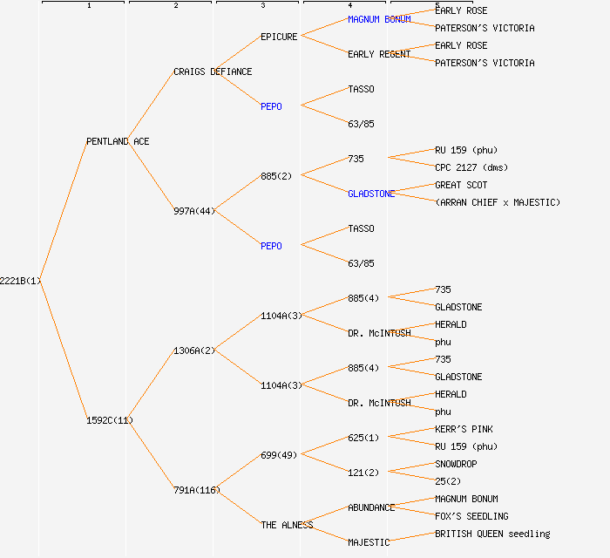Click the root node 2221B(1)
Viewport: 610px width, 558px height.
pyautogui.click(x=20, y=281)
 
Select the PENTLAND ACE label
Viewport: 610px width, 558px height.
pyautogui.click(x=118, y=141)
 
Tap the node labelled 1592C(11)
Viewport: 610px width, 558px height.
pyautogui.click(x=110, y=420)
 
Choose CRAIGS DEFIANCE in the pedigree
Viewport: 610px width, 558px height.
pyautogui.click(x=213, y=71)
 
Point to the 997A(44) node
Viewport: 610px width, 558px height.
pyautogui.click(x=194, y=211)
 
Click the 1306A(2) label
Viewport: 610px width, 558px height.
pyautogui.click(x=194, y=350)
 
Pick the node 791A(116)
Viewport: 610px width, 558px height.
pyautogui.click(x=197, y=490)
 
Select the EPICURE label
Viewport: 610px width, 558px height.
pyautogui.click(x=279, y=37)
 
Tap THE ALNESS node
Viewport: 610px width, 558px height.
pyautogui.click(x=287, y=525)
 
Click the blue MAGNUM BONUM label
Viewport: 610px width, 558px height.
pyautogui.click(x=379, y=19)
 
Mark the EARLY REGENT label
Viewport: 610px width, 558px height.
pyautogui.click(x=379, y=54)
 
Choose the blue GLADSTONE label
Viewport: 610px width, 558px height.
pyautogui.click(x=371, y=194)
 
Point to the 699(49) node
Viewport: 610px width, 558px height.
pyautogui.click(x=279, y=455)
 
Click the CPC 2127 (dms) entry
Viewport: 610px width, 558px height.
pyautogui.click(x=471, y=167)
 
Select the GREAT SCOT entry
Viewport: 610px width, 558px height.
pyautogui.click(x=461, y=185)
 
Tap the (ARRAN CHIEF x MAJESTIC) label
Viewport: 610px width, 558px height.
pyautogui.click(x=498, y=202)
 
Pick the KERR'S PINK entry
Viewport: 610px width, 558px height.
pyautogui.click(x=464, y=429)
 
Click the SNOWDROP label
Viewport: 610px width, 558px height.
pyautogui.click(x=456, y=464)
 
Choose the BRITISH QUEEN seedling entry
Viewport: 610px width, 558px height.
pyautogui.click(x=492, y=534)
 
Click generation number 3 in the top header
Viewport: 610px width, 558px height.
pyautogui.click(x=263, y=6)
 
